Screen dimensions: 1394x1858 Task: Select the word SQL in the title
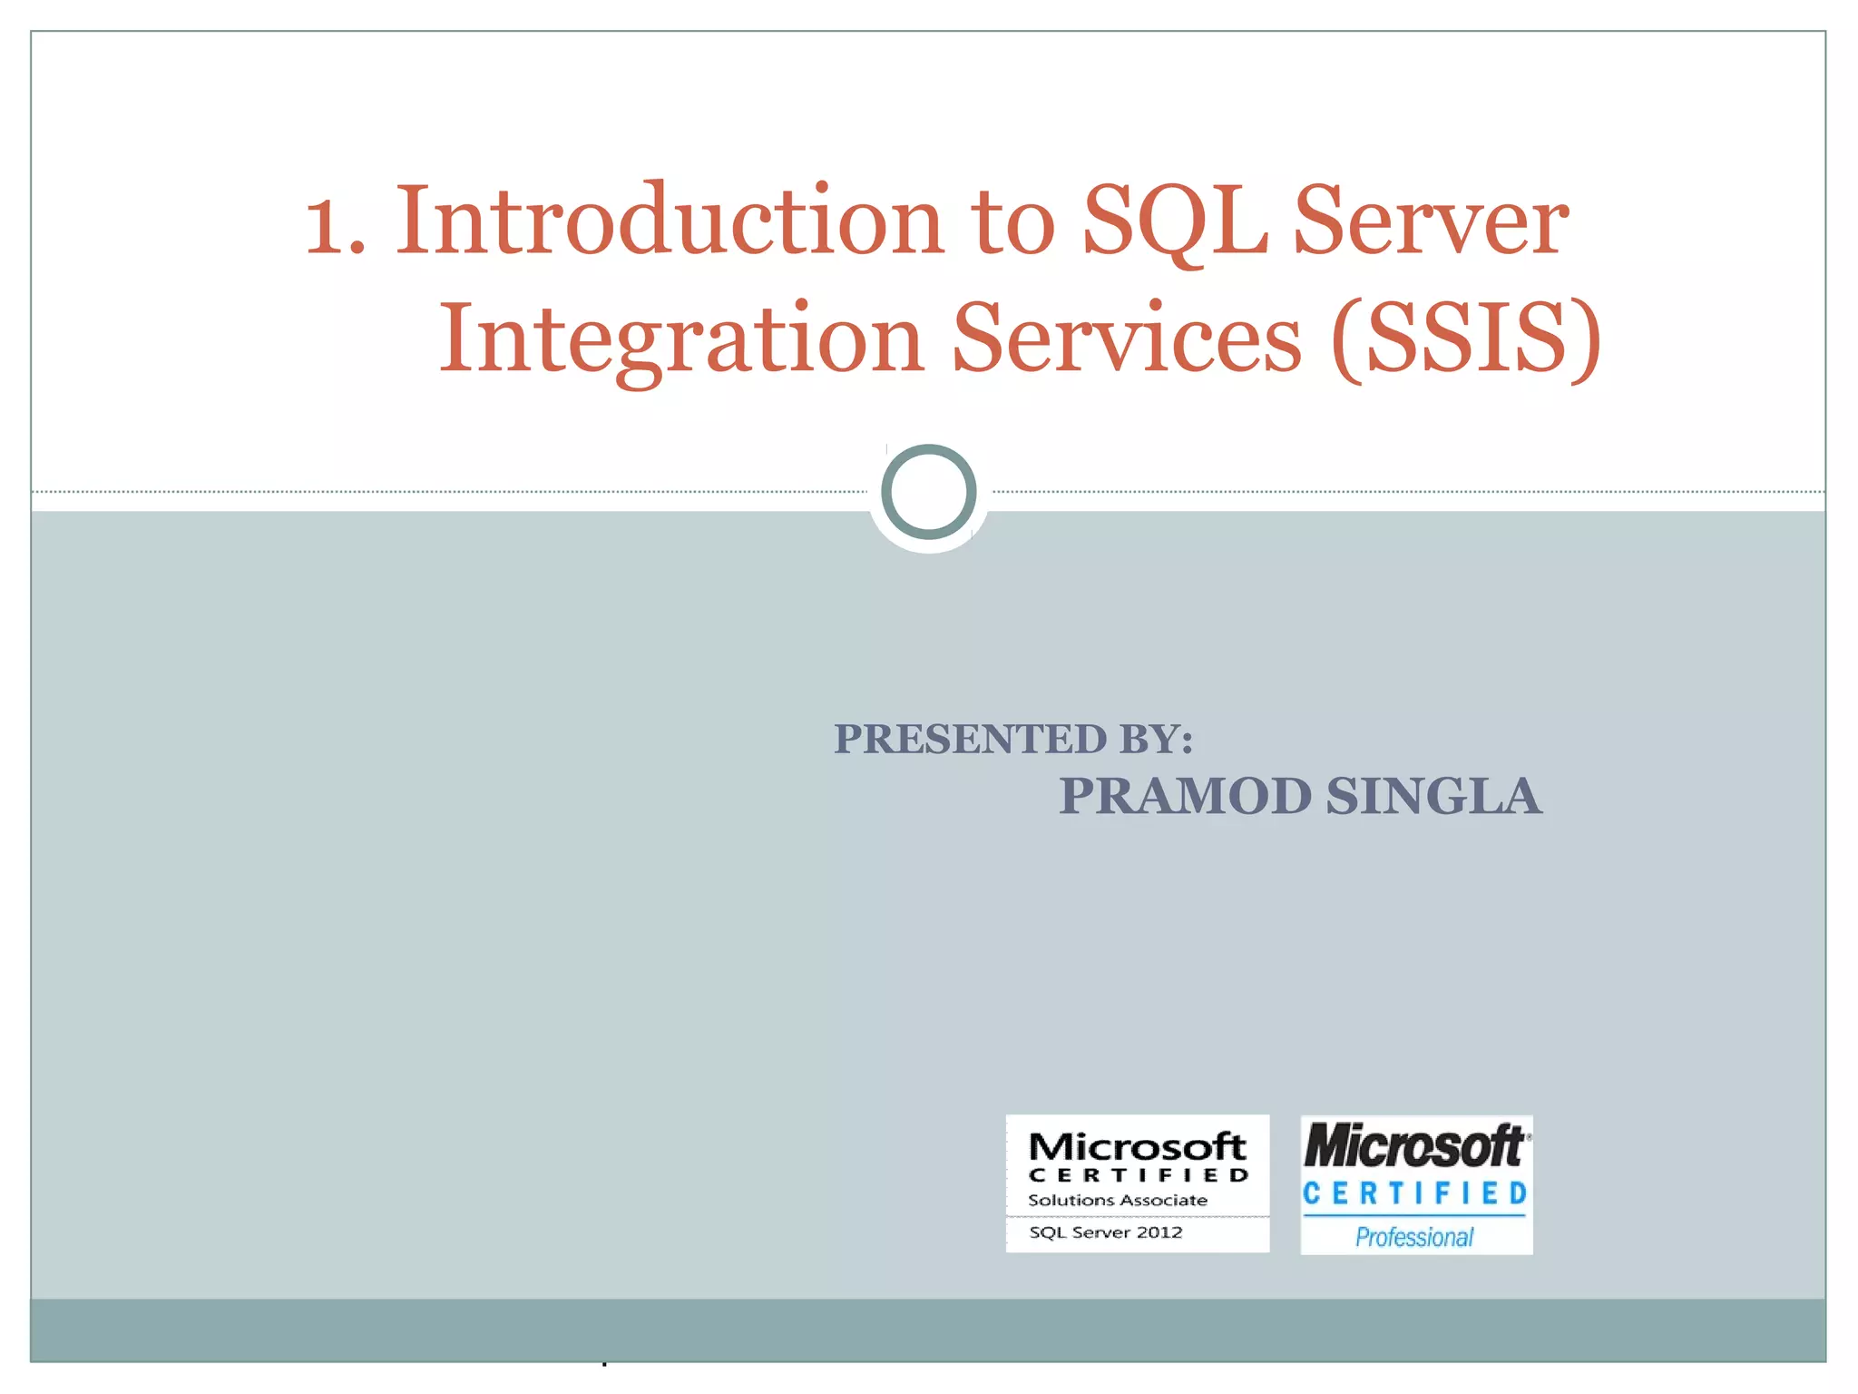point(1176,221)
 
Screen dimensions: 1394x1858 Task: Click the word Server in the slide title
point(1431,221)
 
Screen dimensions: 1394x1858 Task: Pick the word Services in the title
point(1127,338)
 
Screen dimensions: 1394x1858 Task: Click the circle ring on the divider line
point(928,492)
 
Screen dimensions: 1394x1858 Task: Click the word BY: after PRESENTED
point(1156,739)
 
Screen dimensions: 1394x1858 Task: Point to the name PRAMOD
point(1185,796)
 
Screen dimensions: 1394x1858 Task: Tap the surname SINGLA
point(1433,796)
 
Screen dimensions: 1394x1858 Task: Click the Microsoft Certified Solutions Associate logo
point(1137,1183)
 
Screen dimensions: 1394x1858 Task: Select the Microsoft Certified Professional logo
point(1416,1185)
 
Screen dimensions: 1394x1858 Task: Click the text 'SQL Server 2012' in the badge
point(1105,1232)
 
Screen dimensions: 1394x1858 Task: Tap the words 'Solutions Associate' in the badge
point(1117,1200)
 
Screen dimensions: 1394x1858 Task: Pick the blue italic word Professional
point(1413,1237)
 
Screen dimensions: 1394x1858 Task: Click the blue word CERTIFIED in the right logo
point(1415,1193)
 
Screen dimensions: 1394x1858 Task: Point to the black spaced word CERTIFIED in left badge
point(1138,1175)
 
